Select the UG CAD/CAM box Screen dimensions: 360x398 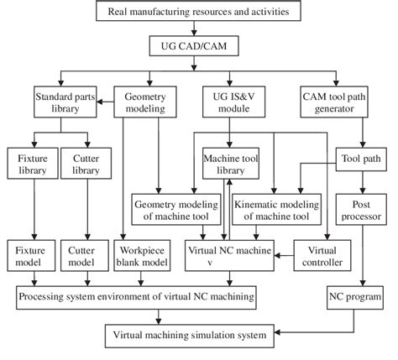(199, 45)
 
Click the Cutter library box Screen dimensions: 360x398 (87, 163)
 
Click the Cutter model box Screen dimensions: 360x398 (87, 255)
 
